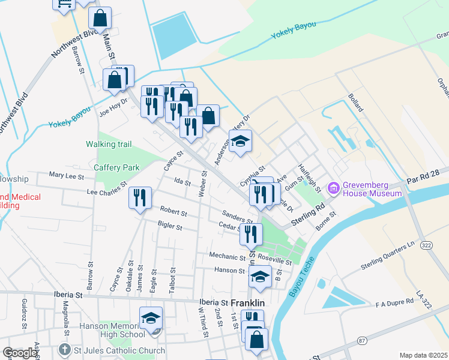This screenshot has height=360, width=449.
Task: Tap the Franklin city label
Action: (x=249, y=304)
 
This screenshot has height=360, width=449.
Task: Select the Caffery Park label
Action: (x=116, y=167)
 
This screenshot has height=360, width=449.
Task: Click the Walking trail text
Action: (x=109, y=144)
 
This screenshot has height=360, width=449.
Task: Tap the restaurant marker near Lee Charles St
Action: (x=140, y=197)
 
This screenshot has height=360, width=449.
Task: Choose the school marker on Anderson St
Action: (x=240, y=141)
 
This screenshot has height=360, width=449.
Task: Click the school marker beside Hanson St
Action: (x=260, y=276)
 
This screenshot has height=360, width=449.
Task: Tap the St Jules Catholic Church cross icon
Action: (x=65, y=350)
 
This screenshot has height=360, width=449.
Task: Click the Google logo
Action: (x=19, y=353)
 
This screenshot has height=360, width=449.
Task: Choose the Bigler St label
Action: (x=170, y=227)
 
